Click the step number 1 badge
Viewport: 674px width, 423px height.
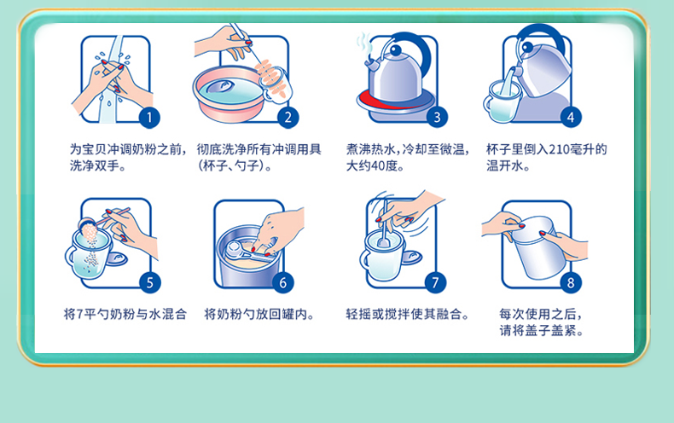149,118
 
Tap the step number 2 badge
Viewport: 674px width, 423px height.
288,118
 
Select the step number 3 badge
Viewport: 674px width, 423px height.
437,118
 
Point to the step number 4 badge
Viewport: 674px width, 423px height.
571,118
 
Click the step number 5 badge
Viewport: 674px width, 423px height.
149,282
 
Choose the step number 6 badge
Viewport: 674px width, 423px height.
283,282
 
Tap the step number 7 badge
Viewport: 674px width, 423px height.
435,282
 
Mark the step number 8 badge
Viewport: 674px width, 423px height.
571,282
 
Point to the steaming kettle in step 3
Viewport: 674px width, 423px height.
396,69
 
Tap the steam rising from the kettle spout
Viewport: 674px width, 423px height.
364,45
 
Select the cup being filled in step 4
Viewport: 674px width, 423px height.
502,101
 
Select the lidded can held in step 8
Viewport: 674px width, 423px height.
537,247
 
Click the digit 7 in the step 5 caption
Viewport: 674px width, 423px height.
79,314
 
